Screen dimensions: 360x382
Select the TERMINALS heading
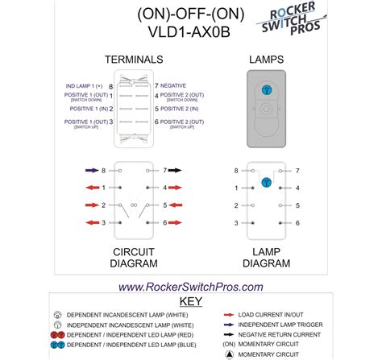[135, 60]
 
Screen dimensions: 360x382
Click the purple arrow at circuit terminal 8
[89, 171]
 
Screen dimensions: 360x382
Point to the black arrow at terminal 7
[174, 171]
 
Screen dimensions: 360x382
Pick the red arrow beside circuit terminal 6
[174, 222]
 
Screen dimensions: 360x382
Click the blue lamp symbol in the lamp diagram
[265, 183]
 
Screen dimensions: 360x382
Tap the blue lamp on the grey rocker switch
[265, 91]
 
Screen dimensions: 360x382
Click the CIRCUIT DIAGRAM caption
[133, 258]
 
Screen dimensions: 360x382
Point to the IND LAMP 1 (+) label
[84, 85]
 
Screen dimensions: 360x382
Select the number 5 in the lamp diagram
[297, 205]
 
